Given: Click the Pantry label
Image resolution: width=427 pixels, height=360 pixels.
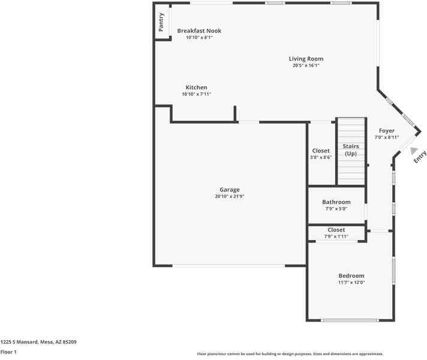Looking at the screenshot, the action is (161, 22).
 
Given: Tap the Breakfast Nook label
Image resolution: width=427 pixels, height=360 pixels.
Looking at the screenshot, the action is (199, 31).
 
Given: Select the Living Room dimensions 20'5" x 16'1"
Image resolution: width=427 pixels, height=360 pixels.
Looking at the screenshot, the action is (306, 65).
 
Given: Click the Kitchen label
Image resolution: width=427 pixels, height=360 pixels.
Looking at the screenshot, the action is (196, 88).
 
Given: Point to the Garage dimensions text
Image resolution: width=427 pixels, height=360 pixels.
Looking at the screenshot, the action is (230, 196).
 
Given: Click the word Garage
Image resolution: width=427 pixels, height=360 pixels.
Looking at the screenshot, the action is (230, 190).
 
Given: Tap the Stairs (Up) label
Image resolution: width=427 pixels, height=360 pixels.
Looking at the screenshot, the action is (351, 150).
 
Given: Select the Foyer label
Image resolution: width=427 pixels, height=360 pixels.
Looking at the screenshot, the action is (387, 131).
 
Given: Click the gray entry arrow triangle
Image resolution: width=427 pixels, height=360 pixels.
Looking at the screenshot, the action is (414, 151).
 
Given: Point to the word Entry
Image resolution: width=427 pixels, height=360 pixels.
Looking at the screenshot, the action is (420, 157).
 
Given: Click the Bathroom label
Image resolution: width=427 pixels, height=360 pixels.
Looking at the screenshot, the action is (336, 202).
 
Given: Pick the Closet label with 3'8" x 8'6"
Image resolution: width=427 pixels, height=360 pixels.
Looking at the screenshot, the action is (321, 151).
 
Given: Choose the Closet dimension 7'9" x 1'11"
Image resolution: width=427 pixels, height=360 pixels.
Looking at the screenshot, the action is (336, 236).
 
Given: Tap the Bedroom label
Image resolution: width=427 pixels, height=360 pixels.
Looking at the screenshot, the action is (351, 276).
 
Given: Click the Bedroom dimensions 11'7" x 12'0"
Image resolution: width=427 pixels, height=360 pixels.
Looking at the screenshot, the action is (351, 283).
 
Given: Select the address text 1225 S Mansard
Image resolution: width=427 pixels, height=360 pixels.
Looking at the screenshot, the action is (19, 342).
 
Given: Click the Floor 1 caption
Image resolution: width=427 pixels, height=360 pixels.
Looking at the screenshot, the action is (8, 352).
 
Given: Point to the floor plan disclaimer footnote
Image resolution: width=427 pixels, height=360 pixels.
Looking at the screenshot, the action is (290, 354).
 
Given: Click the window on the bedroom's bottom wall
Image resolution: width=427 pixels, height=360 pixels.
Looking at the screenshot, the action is (350, 320).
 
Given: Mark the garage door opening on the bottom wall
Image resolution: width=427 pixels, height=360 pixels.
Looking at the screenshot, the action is (228, 266).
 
